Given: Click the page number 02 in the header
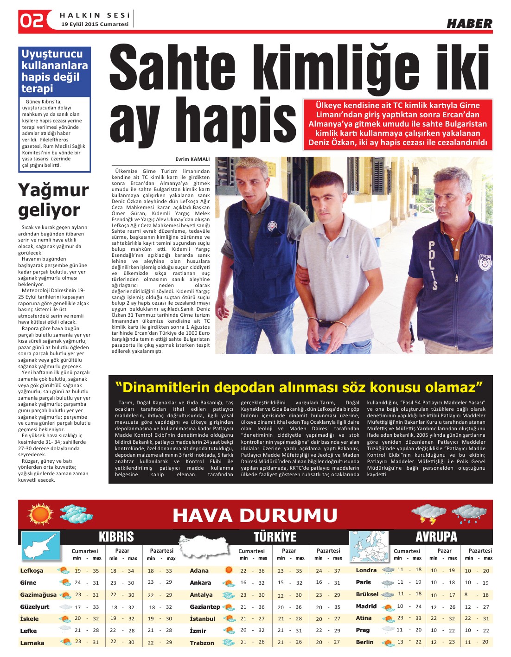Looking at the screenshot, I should [x=32, y=21].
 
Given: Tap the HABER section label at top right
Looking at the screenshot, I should [x=469, y=24].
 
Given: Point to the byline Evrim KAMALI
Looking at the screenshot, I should [x=192, y=159].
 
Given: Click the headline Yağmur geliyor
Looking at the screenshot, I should [x=53, y=200].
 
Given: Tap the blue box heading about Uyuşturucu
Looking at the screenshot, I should [x=54, y=71].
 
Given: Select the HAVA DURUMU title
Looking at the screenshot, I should [x=255, y=515].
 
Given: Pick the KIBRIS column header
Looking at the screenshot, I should [x=116, y=537].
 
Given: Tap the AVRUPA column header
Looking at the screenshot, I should [x=436, y=537].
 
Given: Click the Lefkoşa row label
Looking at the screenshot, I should [x=32, y=571].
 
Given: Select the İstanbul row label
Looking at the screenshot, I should [x=203, y=619].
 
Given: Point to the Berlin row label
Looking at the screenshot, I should [x=364, y=642].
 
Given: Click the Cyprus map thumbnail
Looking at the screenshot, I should [x=41, y=546].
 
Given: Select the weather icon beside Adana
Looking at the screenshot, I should [x=228, y=570].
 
